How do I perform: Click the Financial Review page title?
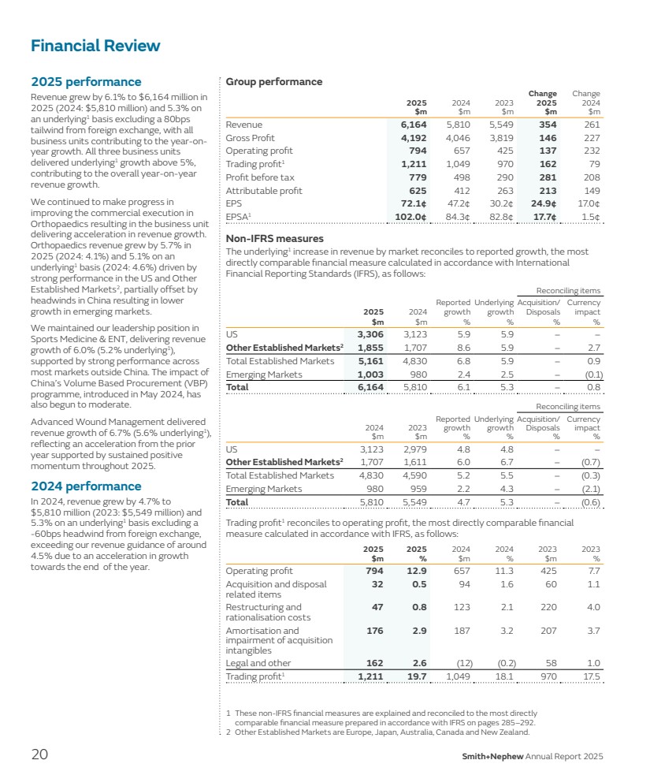95,46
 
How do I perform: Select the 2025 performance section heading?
86,82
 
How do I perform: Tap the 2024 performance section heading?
86,486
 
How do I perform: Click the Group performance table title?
274,82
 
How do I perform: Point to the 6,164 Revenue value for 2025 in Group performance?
414,125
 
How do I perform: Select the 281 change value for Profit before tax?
547,177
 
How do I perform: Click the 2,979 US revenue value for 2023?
414,448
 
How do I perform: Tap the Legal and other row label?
258,664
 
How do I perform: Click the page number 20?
39,755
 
